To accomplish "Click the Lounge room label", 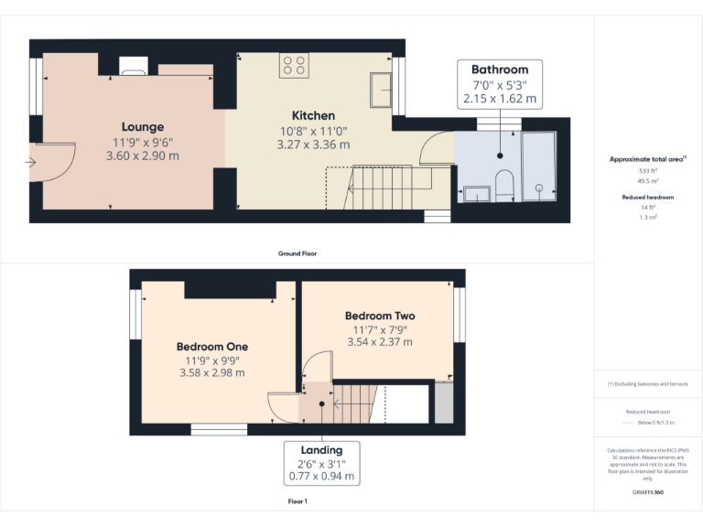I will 143,127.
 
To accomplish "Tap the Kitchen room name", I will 313,116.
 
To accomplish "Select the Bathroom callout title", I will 500,70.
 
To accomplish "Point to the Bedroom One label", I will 212,347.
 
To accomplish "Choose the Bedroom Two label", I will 380,316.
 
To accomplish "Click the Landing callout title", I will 321,450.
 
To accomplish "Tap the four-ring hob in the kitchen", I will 295,64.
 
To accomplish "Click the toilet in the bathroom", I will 503,184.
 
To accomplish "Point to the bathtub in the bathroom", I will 538,166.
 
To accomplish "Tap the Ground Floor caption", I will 297,253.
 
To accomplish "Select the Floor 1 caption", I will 297,502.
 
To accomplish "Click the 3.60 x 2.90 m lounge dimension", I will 143,156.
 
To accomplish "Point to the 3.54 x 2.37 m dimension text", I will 380,342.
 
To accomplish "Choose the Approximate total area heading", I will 648,159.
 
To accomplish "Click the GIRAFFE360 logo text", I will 648,493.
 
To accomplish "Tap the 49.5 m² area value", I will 648,180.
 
